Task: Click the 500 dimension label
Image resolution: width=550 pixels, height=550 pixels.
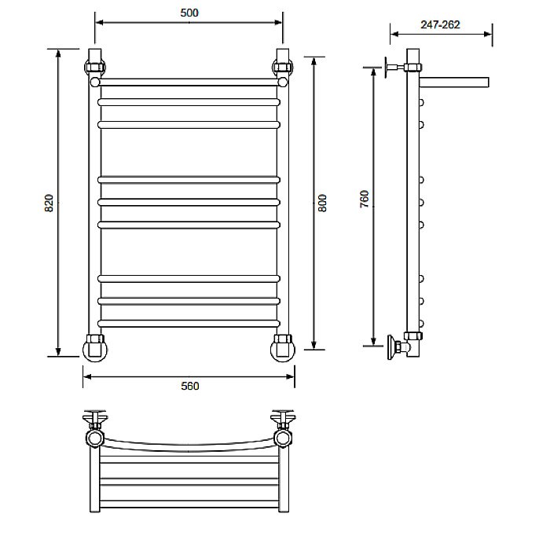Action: click(x=189, y=13)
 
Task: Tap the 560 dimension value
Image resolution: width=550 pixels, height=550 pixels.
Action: click(x=190, y=386)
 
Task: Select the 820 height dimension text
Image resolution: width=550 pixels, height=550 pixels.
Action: click(x=49, y=203)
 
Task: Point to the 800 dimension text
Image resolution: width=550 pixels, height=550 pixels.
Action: click(x=322, y=203)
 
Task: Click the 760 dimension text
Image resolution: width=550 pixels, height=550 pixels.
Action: click(x=365, y=199)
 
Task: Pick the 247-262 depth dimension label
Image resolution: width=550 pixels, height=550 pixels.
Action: click(x=440, y=24)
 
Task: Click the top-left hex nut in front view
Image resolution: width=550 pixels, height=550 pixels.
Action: click(x=95, y=67)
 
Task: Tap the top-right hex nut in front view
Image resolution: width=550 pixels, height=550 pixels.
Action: click(x=283, y=67)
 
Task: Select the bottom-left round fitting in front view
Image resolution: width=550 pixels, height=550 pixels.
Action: click(x=95, y=348)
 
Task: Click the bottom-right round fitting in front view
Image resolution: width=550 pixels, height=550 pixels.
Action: click(x=283, y=348)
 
